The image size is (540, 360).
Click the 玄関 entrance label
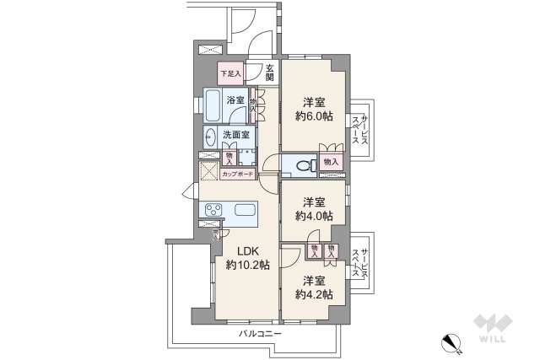pos(269,73)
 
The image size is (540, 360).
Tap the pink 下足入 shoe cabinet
pos(230,73)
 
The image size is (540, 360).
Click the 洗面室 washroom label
pos(235,135)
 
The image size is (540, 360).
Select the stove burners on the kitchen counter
pos(212,210)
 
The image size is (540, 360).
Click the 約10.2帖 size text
pos(247,265)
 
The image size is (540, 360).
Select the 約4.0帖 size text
pos(313,216)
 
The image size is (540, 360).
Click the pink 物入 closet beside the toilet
pos(330,161)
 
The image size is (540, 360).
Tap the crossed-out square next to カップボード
pos(208,171)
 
